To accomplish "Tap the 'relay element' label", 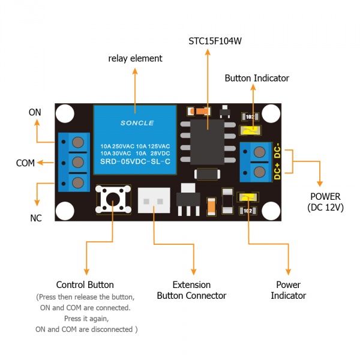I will (x=135, y=58).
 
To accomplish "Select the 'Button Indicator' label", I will (x=257, y=78).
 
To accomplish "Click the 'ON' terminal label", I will (x=35, y=112).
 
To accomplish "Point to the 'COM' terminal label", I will (x=25, y=163).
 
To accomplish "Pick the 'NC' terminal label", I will (x=36, y=218).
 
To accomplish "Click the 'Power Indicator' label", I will (x=288, y=290).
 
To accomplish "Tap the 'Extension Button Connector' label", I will (x=191, y=290).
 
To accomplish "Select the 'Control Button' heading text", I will (x=85, y=284).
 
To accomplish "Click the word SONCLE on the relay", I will (x=137, y=123).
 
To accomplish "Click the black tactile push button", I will (x=112, y=199).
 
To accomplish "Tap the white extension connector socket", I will (x=154, y=198).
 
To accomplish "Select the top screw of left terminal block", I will (x=77, y=143).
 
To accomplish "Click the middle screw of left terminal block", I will (x=77, y=163).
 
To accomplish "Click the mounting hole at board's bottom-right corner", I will (x=271, y=211).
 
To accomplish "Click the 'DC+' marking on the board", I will (x=277, y=173).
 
